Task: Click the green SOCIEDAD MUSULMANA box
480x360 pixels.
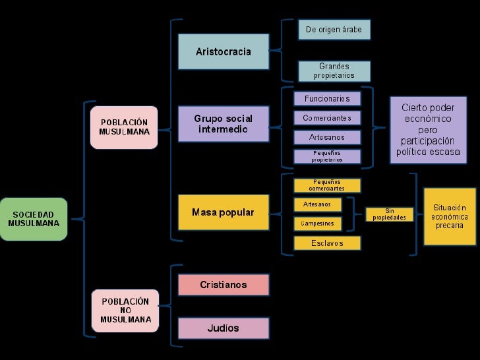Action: point(34,219)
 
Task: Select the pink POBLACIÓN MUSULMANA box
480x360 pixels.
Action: point(124,127)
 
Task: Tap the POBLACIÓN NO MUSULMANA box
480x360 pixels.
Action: point(125,311)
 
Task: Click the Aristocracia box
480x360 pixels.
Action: point(224,51)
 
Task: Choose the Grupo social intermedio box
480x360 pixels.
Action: point(224,124)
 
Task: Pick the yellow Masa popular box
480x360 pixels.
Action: point(224,212)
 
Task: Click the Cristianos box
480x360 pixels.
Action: point(224,285)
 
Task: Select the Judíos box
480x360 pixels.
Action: point(224,328)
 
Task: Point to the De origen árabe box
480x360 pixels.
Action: point(334,30)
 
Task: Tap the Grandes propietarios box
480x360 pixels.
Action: point(334,71)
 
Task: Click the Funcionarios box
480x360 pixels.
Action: point(327,99)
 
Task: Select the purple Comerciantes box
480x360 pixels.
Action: point(327,118)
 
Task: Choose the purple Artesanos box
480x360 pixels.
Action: point(327,137)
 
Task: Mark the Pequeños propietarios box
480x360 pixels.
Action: point(327,156)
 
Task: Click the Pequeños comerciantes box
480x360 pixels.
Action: point(327,185)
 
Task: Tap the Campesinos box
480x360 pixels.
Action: point(317,224)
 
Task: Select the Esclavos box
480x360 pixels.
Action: point(327,243)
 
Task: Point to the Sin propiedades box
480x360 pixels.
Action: point(389,214)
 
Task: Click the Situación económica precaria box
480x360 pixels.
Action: point(450,216)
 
